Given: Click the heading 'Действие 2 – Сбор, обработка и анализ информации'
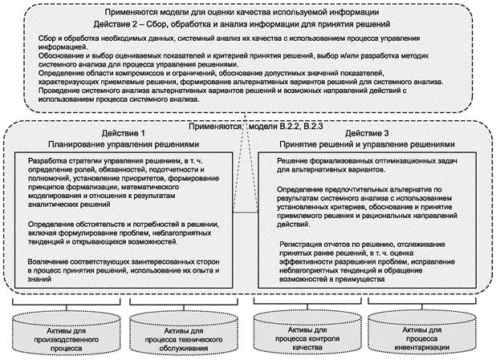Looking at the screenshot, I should [x=246, y=24].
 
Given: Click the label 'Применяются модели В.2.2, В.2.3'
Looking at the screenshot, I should [x=248, y=127].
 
